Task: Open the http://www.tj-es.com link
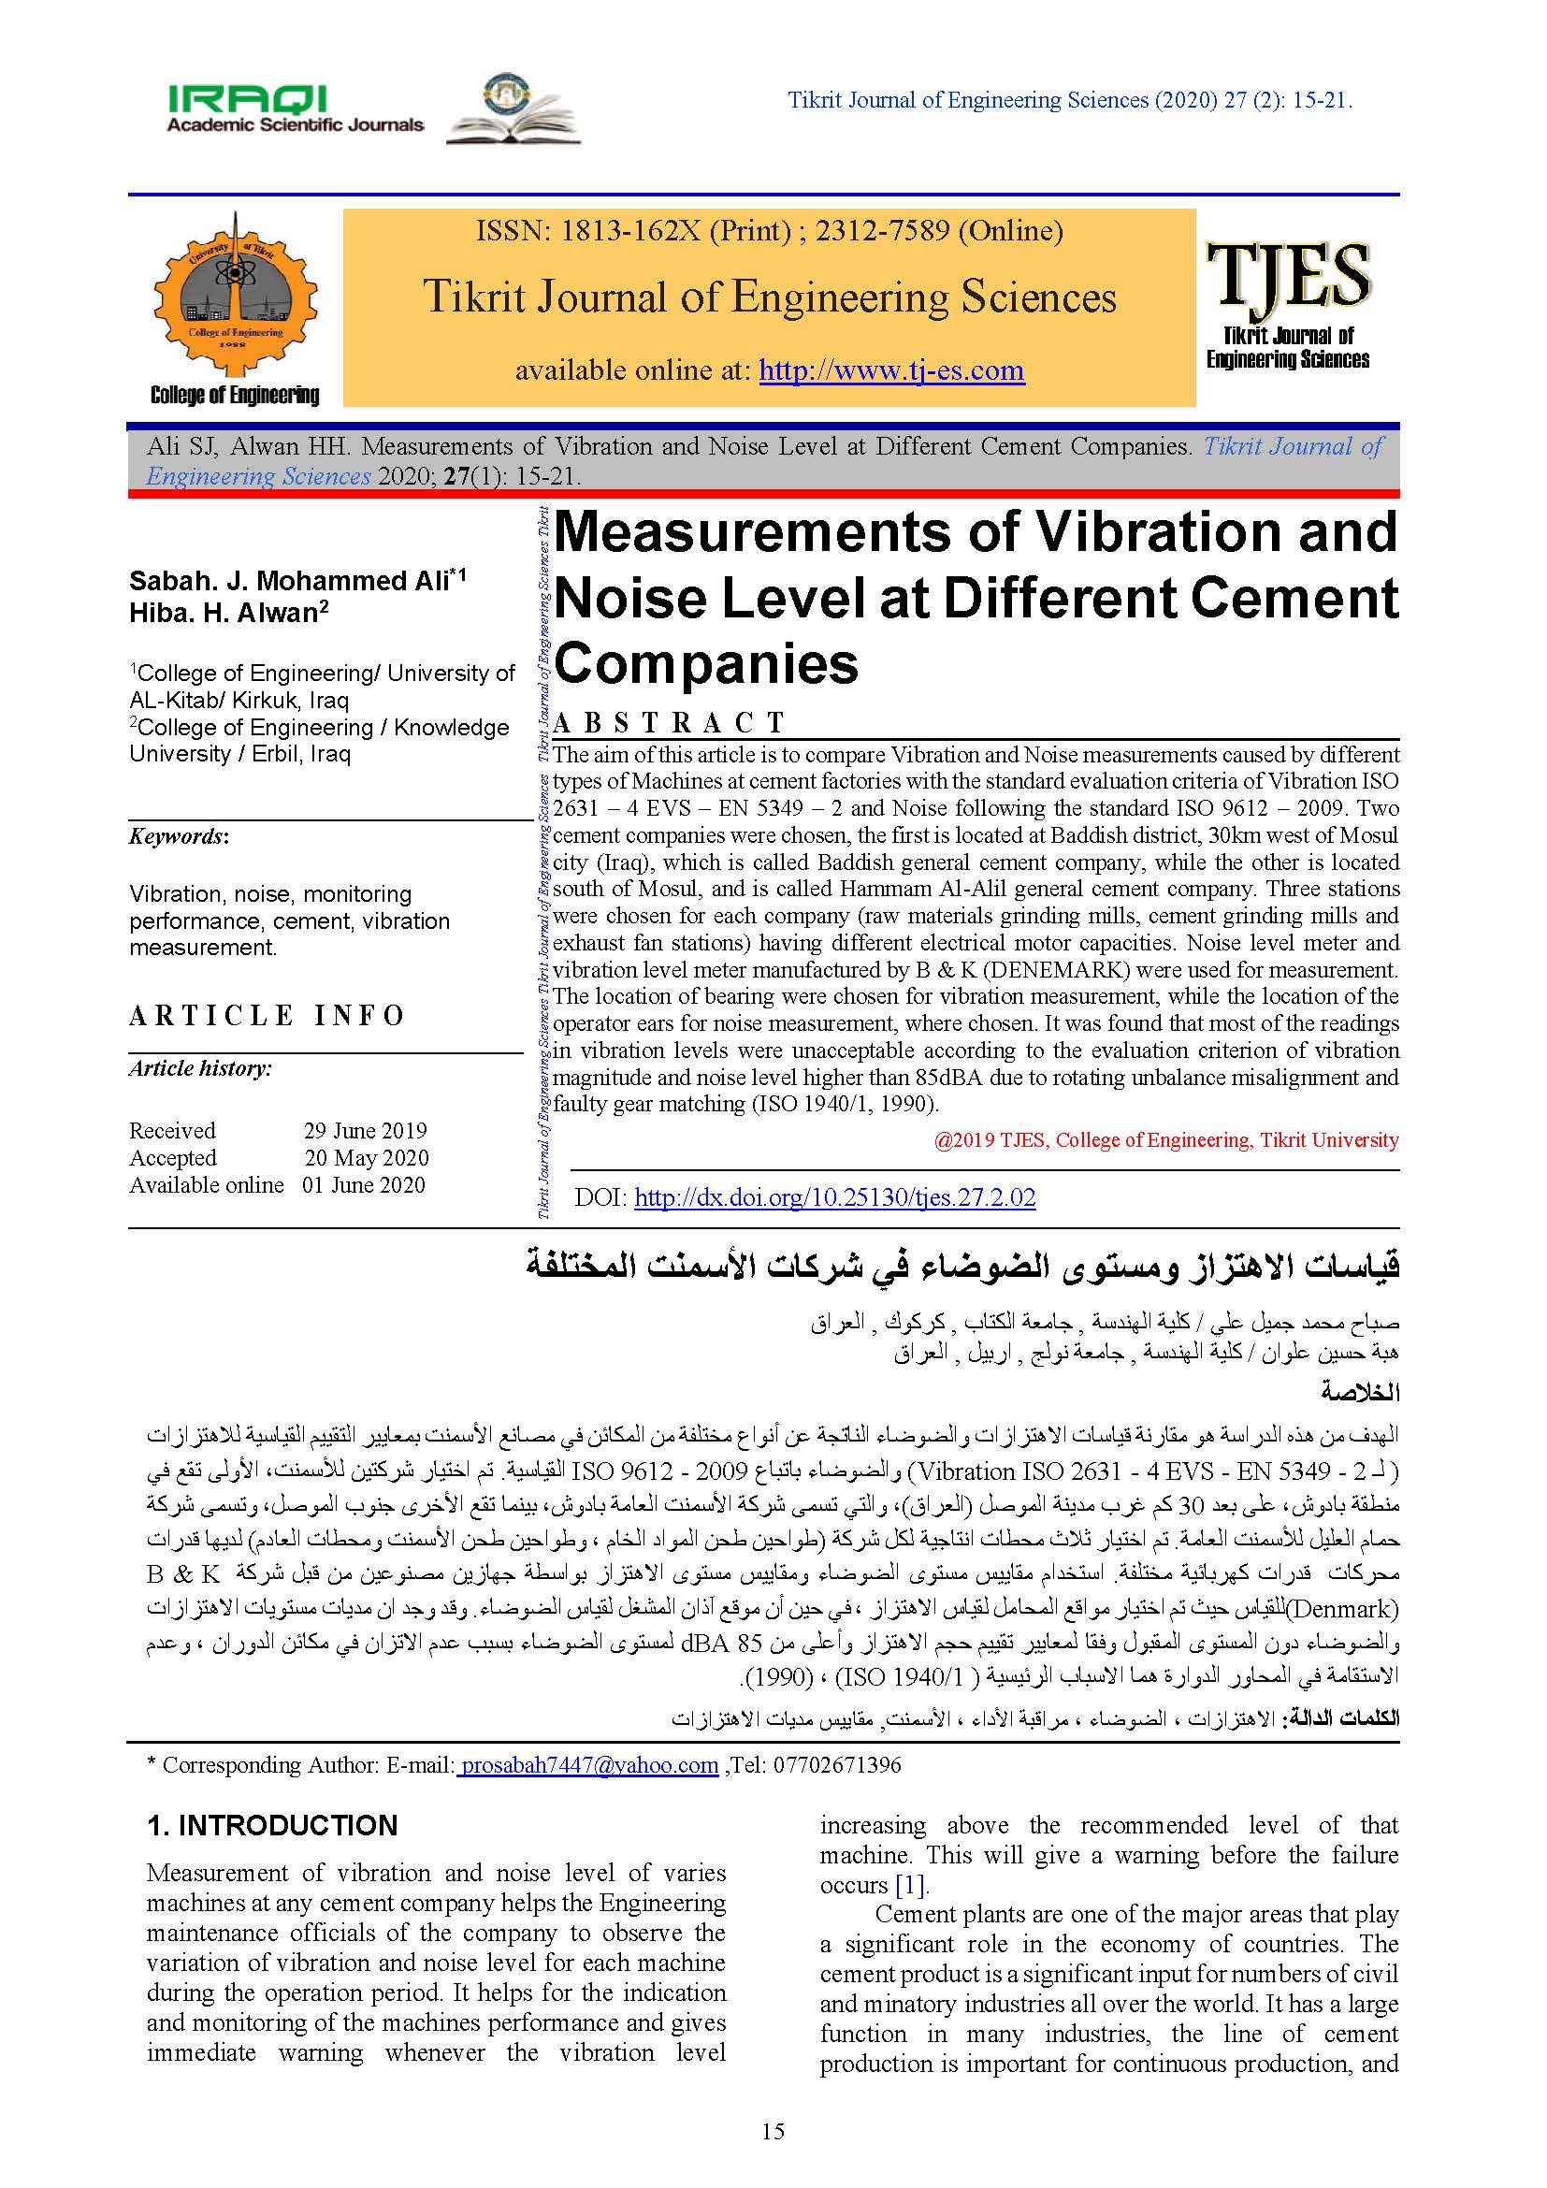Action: point(890,369)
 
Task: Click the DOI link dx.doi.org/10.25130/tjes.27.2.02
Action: point(834,1197)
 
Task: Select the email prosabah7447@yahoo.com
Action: point(587,1765)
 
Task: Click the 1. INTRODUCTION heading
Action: point(271,1825)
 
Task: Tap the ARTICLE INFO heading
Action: point(267,1016)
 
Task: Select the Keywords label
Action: point(179,836)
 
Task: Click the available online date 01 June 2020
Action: point(364,1185)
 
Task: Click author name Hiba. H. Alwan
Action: point(224,613)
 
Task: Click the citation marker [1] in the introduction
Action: point(910,1885)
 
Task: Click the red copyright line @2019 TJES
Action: point(1166,1140)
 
